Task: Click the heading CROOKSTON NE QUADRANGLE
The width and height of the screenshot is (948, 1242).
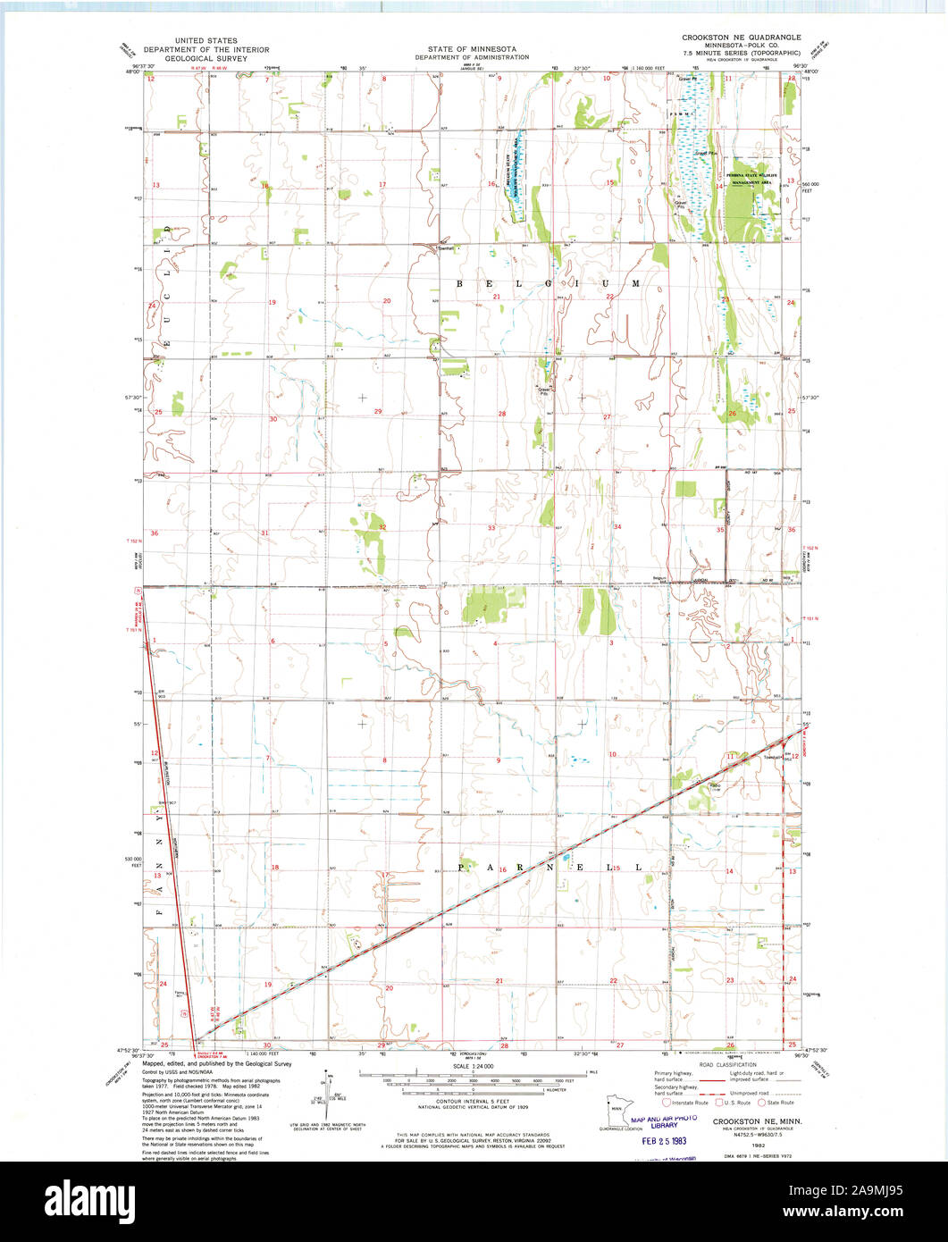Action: coord(741,38)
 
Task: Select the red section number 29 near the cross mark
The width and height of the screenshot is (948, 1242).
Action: coord(378,411)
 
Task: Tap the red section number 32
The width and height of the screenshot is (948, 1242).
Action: coord(382,528)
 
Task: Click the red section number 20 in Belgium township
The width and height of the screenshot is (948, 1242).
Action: coord(387,301)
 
